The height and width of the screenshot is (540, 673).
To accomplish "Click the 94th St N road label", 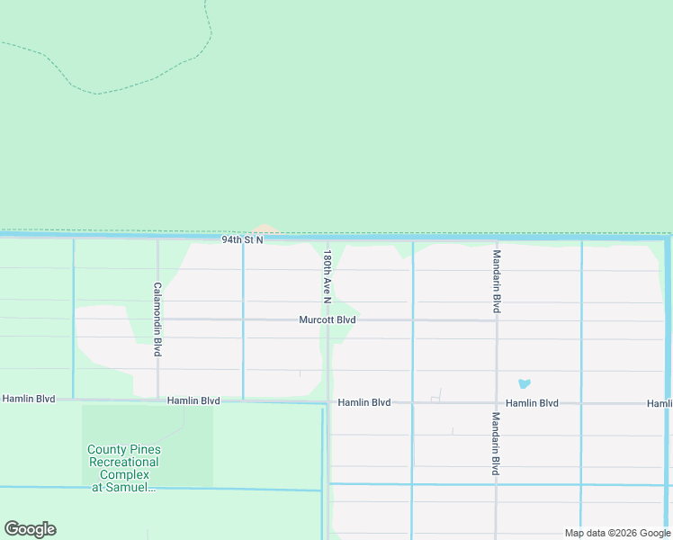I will pos(243,240).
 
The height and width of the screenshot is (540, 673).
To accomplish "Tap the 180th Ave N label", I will pos(328,275).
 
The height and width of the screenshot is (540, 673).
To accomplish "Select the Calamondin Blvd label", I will pos(157,319).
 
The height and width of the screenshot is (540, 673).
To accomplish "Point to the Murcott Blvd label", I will pos(328,319).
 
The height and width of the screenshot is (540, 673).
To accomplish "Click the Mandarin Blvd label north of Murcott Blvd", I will pos(496,282).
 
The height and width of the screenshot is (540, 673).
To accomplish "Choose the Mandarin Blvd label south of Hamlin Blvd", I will pos(496,444).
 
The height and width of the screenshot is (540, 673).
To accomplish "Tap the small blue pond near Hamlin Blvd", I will pos(524,384).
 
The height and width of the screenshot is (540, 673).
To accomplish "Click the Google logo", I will pos(30,529).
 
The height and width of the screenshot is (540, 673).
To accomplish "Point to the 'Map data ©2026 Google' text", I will pos(617,533).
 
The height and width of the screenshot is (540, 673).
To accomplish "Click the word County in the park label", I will pos(107,449).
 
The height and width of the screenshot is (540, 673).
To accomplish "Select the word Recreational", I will pos(123,462).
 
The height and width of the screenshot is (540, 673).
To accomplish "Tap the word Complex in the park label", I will pos(123,474).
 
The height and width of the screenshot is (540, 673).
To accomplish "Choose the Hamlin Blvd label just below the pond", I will pos(532,403).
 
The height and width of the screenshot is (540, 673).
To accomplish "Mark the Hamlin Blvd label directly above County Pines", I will pos(193,400).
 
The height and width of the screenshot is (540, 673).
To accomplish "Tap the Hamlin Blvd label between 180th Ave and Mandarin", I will pos(363,402).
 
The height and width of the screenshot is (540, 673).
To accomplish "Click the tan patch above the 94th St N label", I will pos(265,229).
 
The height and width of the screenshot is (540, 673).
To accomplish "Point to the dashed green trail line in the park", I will pos(135,86).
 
